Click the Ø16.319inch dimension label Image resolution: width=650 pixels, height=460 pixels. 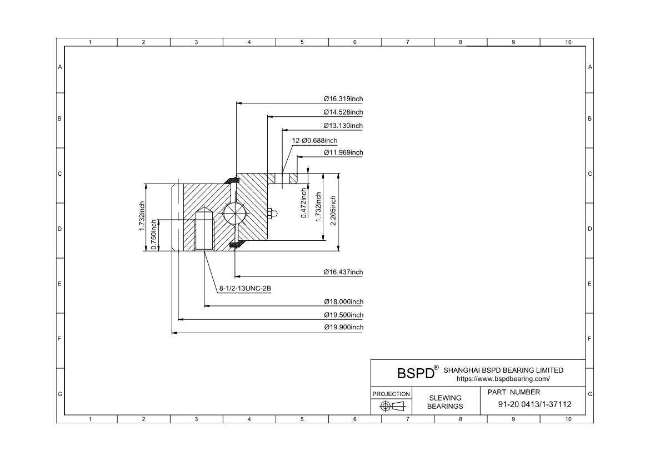click(343, 98)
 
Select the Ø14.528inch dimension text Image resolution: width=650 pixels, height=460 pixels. click(343, 112)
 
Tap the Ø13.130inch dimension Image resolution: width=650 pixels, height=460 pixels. click(343, 126)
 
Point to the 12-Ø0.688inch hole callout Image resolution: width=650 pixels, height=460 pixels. click(315, 140)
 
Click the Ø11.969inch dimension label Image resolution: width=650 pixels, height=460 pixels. click(343, 152)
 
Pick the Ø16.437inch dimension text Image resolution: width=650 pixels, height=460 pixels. click(343, 272)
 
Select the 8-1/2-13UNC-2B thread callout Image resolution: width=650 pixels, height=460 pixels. click(244, 289)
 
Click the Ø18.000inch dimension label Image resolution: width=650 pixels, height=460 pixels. click(343, 301)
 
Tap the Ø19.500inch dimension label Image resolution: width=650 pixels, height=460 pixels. click(343, 315)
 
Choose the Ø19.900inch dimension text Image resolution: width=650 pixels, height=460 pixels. click(343, 327)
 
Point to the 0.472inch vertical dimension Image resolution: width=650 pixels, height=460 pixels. click(304, 203)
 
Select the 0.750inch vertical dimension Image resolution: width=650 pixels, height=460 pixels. click(154, 235)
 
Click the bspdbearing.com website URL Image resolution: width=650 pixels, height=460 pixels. click(503, 379)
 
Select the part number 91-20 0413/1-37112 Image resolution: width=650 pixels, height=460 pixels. click(534, 404)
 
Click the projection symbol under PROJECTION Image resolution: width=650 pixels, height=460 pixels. click(392, 406)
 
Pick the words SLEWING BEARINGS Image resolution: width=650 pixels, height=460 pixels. click(445, 402)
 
